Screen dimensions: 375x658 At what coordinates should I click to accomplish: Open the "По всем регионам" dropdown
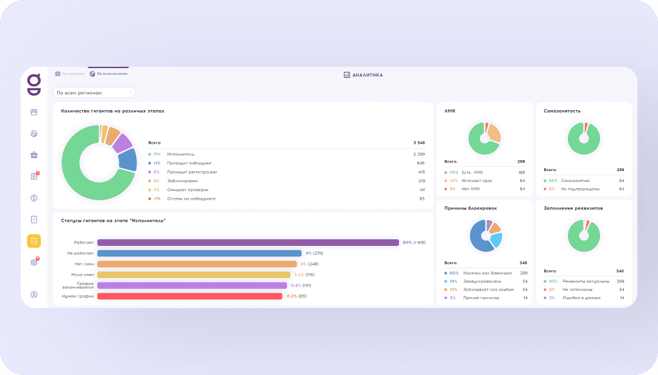point(94,93)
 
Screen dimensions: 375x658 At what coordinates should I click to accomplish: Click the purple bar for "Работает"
point(247,242)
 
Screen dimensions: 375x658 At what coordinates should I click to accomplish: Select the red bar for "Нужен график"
point(189,296)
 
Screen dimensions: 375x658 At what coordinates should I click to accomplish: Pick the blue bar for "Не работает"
point(199,253)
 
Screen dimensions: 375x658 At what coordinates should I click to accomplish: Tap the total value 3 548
point(419,142)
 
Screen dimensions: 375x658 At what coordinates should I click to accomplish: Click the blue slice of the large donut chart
point(128,159)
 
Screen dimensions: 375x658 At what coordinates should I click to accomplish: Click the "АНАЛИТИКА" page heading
point(364,75)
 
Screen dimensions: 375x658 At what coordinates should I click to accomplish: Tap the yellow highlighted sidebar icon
point(34,241)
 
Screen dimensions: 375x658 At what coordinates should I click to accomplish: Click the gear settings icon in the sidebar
point(34,262)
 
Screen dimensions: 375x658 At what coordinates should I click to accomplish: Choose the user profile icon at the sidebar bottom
point(34,295)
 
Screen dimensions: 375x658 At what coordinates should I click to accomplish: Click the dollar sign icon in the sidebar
point(34,198)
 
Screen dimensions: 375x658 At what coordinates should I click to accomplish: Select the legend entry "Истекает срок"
point(477,181)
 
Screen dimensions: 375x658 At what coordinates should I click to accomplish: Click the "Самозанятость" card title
point(562,111)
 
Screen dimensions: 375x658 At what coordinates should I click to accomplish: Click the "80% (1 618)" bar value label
point(414,242)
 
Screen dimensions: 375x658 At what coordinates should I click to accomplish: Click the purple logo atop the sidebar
point(34,83)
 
